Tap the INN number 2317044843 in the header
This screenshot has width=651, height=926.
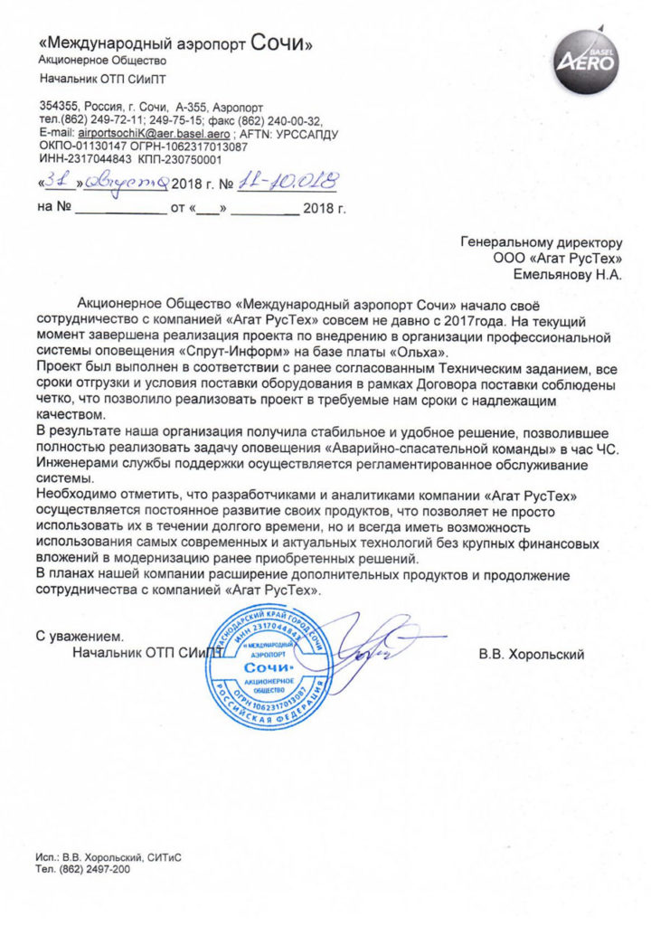click(x=98, y=159)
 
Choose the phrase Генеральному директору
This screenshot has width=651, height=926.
click(x=542, y=242)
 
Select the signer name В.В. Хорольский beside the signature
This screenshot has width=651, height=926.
click(x=533, y=653)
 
